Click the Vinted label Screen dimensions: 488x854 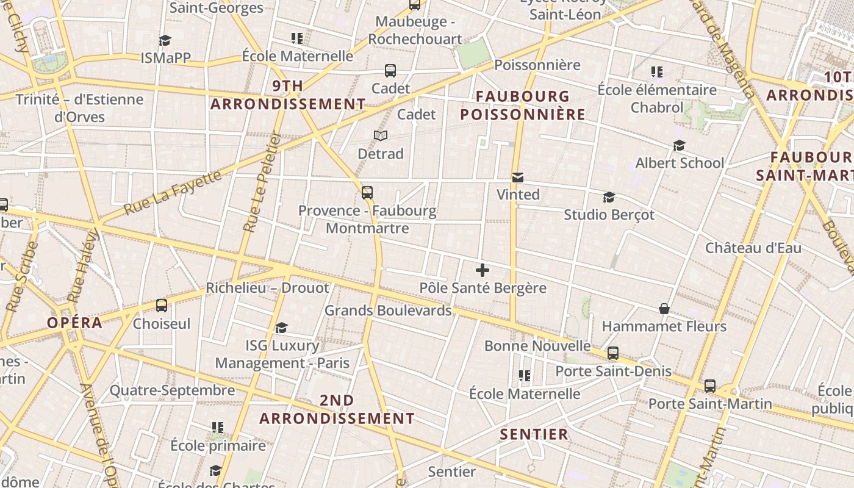pos(518,195)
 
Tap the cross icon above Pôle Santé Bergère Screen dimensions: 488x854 pos(483,270)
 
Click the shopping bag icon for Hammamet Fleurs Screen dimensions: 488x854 pos(664,309)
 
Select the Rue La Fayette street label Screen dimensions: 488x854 pos(173,193)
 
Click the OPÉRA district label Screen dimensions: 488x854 pos(75,323)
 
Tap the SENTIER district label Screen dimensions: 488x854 pos(534,434)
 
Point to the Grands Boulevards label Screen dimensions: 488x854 pos(388,310)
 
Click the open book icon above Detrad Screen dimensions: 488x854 pos(381,135)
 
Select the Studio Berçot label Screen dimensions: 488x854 pos(609,215)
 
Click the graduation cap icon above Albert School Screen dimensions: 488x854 pos(679,146)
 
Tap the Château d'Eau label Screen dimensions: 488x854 pos(753,248)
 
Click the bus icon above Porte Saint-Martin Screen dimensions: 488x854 pos(709,386)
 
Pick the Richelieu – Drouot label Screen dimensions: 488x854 pos(267,288)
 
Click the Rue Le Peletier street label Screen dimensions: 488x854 pos(260,183)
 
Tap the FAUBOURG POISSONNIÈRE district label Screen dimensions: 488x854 pos(523,106)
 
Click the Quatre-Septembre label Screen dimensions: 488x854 pos(172,390)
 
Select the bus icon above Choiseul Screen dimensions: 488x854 pos(162,306)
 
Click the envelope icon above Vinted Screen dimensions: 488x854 pos(518,178)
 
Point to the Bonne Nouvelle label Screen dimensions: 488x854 pos(537,346)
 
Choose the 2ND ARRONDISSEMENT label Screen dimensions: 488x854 pos(337,409)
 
